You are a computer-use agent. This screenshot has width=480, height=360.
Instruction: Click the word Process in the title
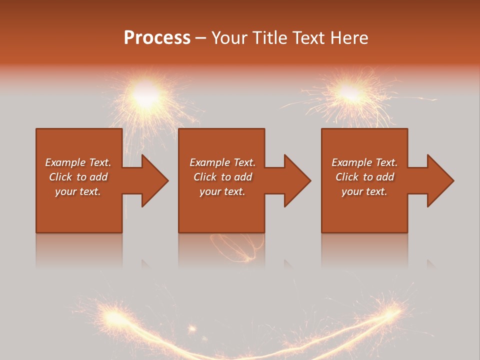click(x=157, y=38)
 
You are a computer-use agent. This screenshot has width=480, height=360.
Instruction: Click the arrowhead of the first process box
click(x=155, y=180)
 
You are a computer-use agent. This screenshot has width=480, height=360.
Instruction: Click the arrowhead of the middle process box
click(x=297, y=180)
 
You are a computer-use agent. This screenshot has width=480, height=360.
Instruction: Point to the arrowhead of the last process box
click(x=440, y=180)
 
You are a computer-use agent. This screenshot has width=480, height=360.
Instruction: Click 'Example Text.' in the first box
click(x=78, y=162)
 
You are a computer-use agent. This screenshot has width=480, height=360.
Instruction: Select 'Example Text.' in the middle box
click(x=222, y=162)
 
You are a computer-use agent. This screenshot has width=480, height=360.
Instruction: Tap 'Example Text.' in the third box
click(x=364, y=162)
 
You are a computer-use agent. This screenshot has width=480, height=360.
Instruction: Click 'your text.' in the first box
click(x=78, y=191)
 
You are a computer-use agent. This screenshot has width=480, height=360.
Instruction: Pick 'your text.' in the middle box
click(x=222, y=191)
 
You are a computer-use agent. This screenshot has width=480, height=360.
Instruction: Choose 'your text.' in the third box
click(x=364, y=191)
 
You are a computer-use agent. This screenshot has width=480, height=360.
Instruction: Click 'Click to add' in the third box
click(x=364, y=177)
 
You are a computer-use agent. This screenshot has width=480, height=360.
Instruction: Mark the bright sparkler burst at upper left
click(x=145, y=95)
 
